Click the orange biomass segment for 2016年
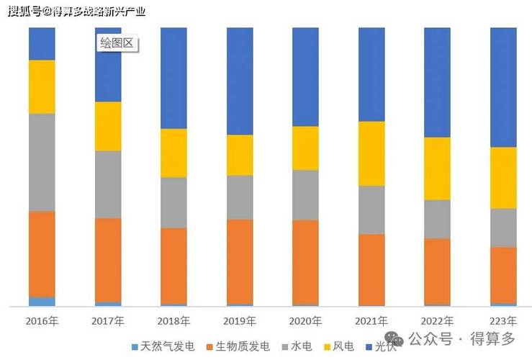pos(42,253)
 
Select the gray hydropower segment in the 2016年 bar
pos(42,162)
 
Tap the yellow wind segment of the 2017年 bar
pos(108,126)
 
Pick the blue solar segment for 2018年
pos(173,78)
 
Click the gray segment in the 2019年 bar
pos(240,197)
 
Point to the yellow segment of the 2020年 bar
pos(305,148)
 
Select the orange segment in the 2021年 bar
pos(371,269)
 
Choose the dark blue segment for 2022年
pos(437,82)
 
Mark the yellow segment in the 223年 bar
pos(503,177)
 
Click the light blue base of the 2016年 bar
pos(42,302)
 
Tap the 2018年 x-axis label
pos(173,320)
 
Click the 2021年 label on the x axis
pos(371,320)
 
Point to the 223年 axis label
pos(503,320)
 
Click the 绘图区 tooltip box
pos(117,43)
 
